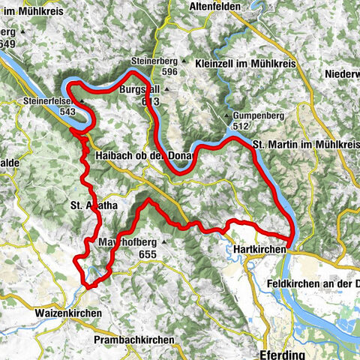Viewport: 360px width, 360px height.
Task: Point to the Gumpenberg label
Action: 256,116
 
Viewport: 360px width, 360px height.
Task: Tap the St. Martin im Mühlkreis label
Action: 304,144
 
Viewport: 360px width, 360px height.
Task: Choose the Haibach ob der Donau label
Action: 144,155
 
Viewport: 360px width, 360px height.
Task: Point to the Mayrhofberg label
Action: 126,243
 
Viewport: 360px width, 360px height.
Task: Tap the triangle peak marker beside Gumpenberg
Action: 227,116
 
